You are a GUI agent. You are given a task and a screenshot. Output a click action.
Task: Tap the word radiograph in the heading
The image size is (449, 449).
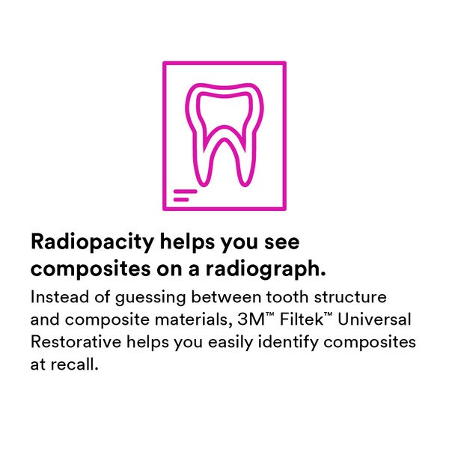266,270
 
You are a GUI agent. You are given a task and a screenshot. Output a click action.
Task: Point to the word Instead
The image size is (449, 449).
60,297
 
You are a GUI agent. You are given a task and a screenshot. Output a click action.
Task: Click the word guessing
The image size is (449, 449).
150,299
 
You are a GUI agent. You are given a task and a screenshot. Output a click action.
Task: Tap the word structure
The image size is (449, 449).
350,297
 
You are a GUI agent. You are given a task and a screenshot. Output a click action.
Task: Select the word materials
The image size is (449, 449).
193,320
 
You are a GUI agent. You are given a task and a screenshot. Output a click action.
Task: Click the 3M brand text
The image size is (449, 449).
251,320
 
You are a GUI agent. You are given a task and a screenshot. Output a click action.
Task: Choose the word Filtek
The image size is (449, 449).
302,320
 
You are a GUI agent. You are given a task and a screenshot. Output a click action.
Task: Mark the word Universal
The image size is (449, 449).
375,320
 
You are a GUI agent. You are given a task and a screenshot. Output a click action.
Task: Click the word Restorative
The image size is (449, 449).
76,342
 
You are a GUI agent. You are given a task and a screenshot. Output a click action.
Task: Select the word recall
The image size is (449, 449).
74,364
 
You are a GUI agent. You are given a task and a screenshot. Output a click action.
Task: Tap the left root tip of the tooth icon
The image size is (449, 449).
203,184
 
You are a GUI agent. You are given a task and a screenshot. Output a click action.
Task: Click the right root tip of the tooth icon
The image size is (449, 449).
245,184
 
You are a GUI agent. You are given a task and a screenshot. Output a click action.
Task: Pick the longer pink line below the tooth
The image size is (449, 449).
186,192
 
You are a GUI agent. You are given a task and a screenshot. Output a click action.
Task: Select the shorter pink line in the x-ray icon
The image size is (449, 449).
181,200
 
